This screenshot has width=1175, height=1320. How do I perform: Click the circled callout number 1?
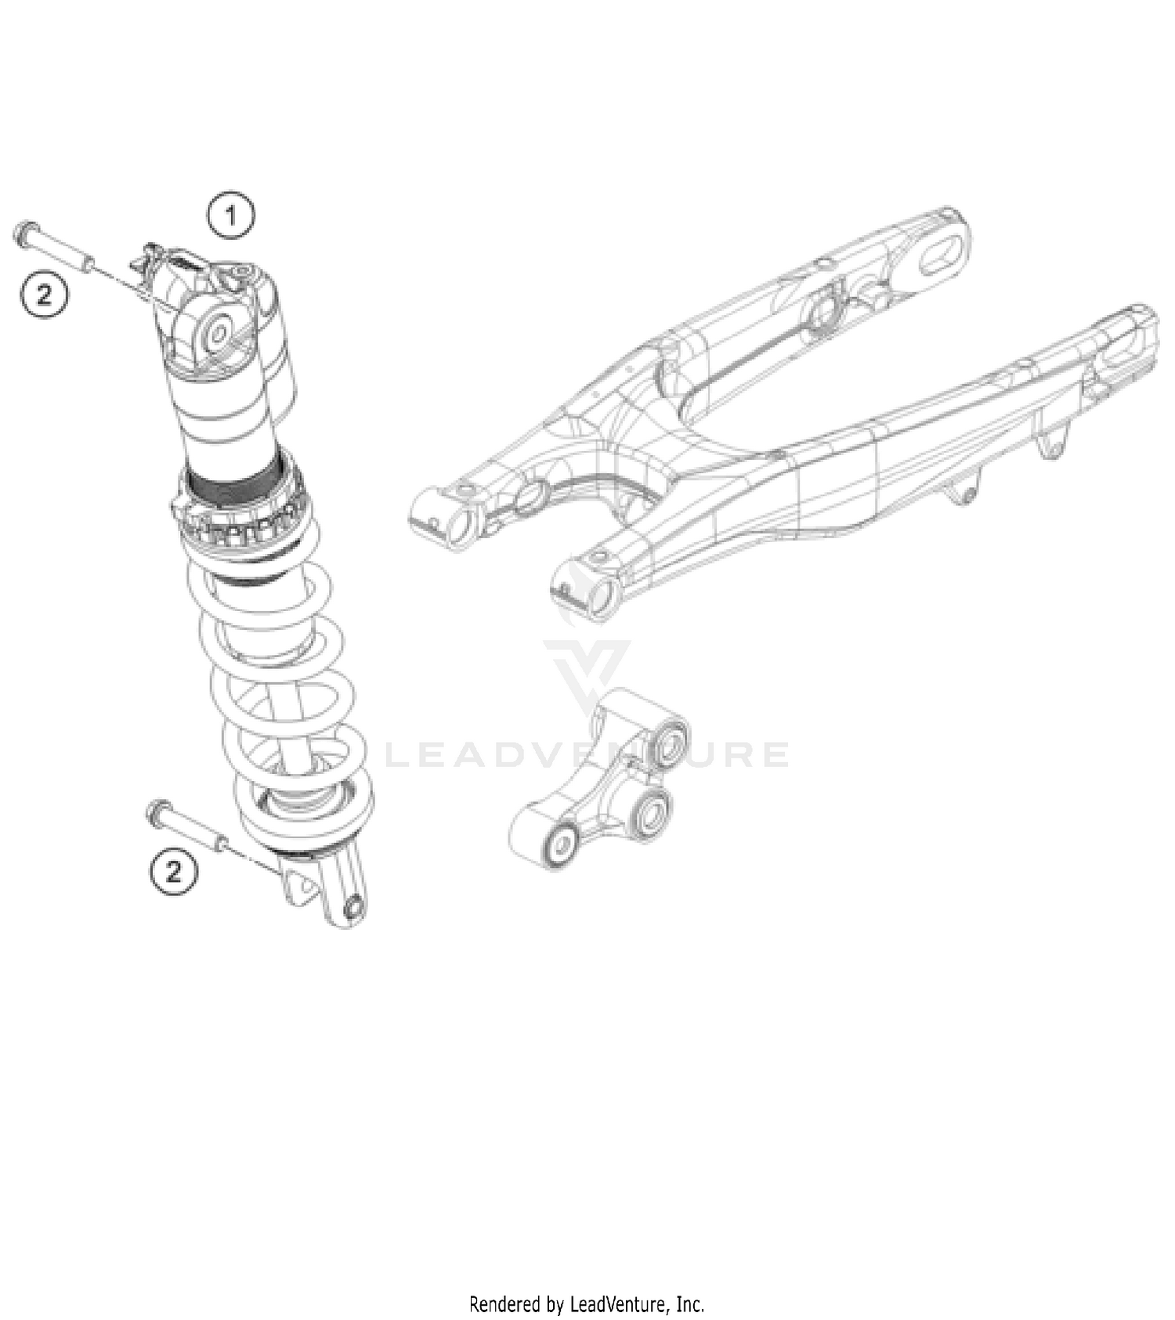pyautogui.click(x=230, y=215)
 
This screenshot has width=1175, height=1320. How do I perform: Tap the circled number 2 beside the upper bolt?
pyautogui.click(x=44, y=295)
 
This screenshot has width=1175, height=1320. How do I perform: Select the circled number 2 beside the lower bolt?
pyautogui.click(x=173, y=870)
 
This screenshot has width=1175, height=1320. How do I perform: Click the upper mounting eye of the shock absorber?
pyautogui.click(x=218, y=333)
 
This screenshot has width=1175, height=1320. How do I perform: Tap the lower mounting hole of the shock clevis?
pyautogui.click(x=352, y=907)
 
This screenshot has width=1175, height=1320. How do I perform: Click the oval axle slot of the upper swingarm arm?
pyautogui.click(x=943, y=253)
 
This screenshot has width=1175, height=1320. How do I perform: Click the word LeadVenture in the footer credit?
pyautogui.click(x=619, y=1304)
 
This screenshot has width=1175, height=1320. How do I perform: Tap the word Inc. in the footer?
pyautogui.click(x=689, y=1304)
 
